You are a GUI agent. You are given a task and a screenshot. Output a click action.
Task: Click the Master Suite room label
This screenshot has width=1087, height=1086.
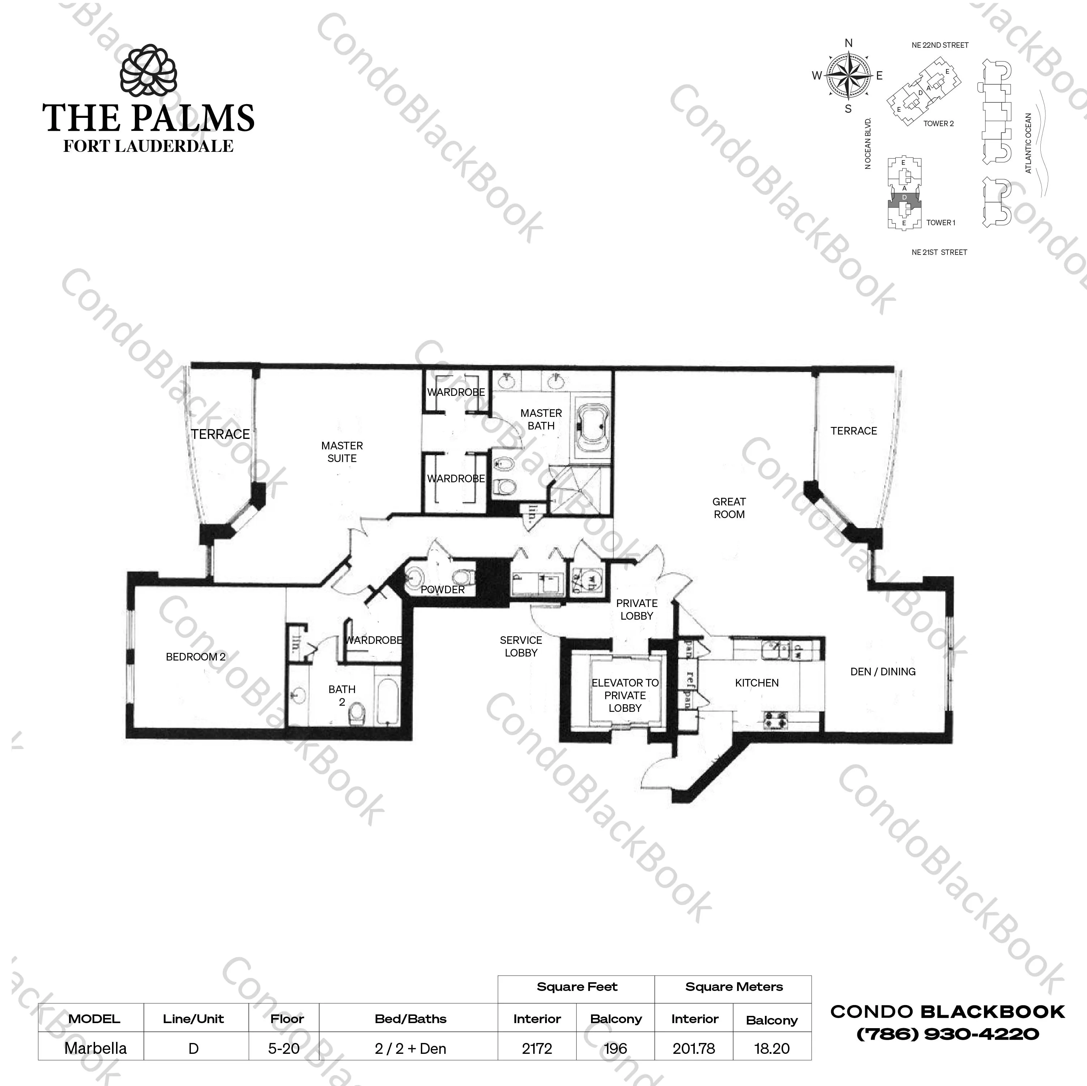pyautogui.click(x=342, y=452)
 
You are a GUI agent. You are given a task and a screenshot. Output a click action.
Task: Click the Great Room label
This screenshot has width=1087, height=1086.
pyautogui.click(x=729, y=508)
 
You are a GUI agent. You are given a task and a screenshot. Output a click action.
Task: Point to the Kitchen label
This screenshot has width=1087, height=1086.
pyautogui.click(x=757, y=683)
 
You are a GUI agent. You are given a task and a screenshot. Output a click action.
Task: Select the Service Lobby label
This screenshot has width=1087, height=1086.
pyautogui.click(x=521, y=646)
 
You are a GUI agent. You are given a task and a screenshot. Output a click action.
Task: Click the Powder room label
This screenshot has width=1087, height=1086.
pyautogui.click(x=443, y=590)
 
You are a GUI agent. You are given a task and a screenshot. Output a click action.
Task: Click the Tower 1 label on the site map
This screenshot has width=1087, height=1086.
pyautogui.click(x=940, y=223)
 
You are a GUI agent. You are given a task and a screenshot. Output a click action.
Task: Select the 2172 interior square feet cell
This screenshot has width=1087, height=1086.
pyautogui.click(x=537, y=1048)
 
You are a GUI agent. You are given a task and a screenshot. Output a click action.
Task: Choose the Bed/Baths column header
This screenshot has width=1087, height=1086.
pyautogui.click(x=410, y=1018)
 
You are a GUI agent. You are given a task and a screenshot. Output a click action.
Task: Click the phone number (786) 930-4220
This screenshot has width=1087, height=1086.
pyautogui.click(x=947, y=1034)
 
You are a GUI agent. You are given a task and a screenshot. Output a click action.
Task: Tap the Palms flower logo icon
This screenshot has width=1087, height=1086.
pyautogui.click(x=149, y=72)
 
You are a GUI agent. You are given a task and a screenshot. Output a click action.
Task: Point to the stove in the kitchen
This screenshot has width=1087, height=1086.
pyautogui.click(x=776, y=720)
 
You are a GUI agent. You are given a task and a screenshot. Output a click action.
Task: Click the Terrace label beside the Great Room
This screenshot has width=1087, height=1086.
pyautogui.click(x=853, y=431)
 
